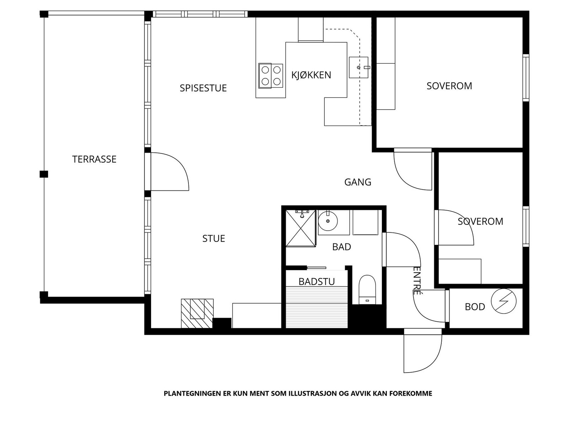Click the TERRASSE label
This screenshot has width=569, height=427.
[x=94, y=159]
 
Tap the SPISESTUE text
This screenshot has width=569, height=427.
[x=203, y=88]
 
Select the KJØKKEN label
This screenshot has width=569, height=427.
[x=311, y=75]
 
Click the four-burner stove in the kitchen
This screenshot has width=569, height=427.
[x=271, y=75]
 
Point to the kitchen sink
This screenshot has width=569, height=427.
[x=358, y=67]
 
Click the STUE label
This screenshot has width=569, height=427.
[x=213, y=238]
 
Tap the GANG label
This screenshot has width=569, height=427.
[x=358, y=182]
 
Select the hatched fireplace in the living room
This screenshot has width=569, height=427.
[x=197, y=313]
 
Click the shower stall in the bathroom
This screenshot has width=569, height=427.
[x=301, y=228]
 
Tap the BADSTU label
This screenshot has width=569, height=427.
[x=317, y=282]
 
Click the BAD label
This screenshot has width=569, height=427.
[x=341, y=247]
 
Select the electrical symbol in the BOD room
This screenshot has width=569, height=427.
[x=504, y=301]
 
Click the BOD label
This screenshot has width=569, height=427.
[x=475, y=307]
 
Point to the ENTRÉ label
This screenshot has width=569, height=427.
[x=417, y=281]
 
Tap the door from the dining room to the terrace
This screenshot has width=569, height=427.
[x=169, y=172]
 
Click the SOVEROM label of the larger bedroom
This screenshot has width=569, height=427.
[x=449, y=86]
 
